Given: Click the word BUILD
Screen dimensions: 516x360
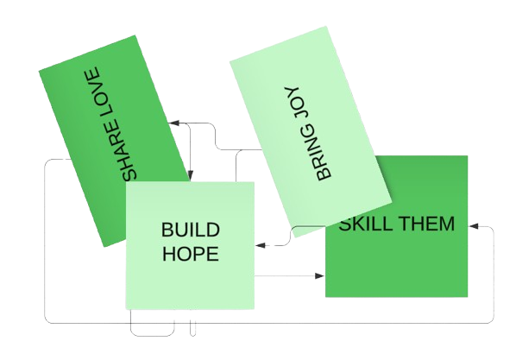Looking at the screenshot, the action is coord(191,230).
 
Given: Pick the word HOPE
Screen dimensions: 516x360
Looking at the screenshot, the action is coord(191,254).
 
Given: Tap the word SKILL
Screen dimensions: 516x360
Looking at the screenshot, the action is coord(365,224).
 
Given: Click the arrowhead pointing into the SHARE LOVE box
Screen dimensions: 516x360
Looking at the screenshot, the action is coord(174,123).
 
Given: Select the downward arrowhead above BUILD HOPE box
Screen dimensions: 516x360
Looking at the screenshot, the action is coord(190,175).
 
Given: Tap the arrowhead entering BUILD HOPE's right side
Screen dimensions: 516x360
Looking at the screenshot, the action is coord(261,245).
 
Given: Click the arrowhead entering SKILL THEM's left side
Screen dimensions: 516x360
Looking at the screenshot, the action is coord(319,276).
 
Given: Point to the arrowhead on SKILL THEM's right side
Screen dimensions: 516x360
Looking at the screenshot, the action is coord(474,226).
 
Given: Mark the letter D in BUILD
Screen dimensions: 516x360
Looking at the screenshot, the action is coord(213,230).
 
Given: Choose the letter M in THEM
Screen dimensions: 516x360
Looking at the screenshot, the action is coord(448,224).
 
